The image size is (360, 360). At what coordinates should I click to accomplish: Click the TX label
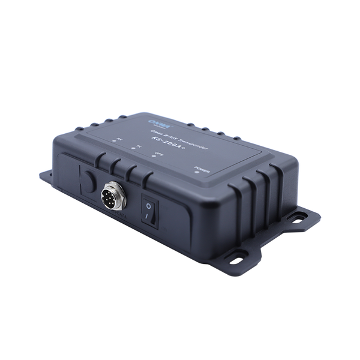coord(139,146)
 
